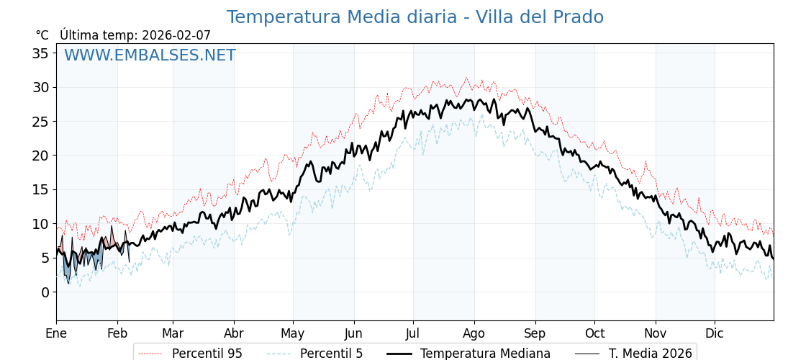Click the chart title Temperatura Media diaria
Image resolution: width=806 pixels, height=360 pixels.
coord(415,17)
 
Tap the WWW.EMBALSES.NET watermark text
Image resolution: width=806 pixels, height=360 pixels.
coord(150,55)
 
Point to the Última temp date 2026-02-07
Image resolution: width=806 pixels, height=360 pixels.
coord(176,35)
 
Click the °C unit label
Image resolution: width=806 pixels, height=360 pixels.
coord(42,35)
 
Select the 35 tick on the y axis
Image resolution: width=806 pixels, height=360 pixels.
coord(40,53)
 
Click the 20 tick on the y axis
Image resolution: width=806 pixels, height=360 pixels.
coord(40,156)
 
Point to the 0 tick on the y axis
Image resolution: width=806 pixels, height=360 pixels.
coord(45,292)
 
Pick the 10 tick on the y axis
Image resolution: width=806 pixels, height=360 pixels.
coord(40,224)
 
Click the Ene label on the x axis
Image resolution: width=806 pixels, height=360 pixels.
coord(56,333)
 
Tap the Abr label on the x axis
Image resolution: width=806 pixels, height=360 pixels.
coord(234,333)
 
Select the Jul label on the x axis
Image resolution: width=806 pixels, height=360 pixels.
coord(413,333)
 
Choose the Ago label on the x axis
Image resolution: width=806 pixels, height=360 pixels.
coord(474,333)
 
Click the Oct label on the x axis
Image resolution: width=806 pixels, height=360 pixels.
coord(594,333)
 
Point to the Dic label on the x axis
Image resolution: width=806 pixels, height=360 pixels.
coord(715,333)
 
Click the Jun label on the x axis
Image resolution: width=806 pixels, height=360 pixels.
coord(353,333)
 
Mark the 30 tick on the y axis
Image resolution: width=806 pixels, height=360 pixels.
coord(40,88)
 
